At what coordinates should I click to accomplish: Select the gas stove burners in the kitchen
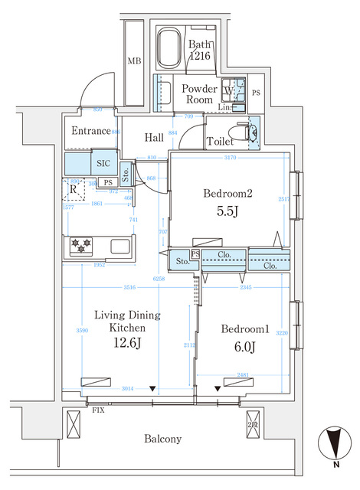[81, 247]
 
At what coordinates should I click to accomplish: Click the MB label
[134, 61]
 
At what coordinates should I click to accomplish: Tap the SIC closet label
[103, 163]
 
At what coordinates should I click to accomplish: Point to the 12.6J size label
[126, 341]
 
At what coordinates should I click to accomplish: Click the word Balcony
[163, 439]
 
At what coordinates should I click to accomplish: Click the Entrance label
[91, 131]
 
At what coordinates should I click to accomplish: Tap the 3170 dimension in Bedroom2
[230, 158]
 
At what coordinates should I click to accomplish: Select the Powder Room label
[198, 94]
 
